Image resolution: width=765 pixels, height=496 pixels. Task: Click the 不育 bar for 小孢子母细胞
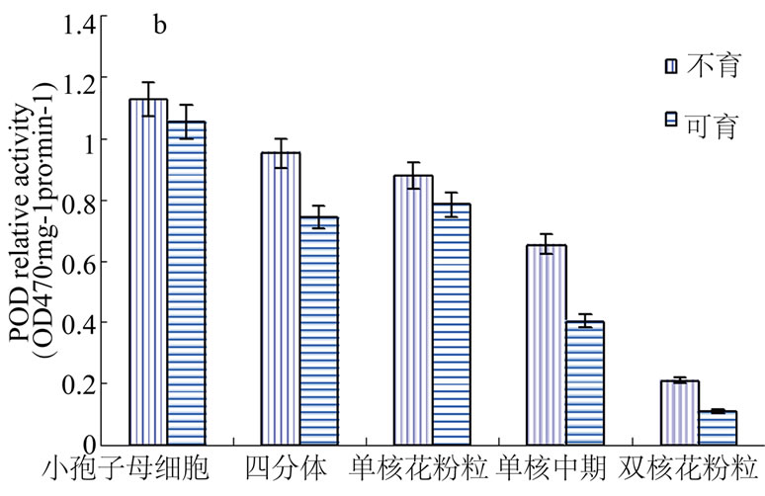pos(148,272)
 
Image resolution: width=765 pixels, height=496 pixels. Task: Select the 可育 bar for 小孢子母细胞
pos(186,283)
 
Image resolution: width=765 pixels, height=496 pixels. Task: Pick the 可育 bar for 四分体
pos(318,330)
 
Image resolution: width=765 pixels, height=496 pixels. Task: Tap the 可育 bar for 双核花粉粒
pos(717,427)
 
